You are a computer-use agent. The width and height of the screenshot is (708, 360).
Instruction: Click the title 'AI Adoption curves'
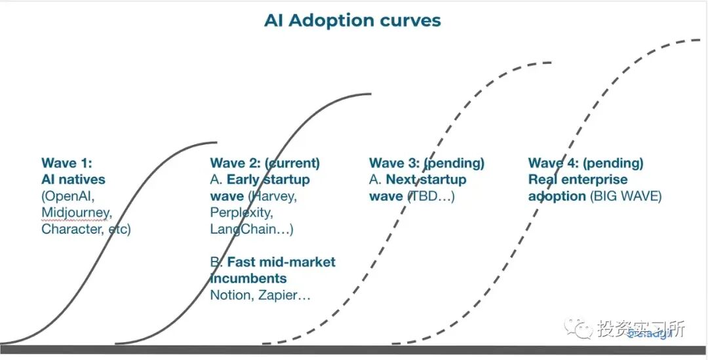352,20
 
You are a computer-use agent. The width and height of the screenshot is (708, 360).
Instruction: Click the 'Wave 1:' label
68,163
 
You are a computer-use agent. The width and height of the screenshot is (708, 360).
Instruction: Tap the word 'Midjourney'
77,212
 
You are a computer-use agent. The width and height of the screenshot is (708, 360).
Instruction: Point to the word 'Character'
71,229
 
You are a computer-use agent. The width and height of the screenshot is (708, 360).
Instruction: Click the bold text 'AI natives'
73,180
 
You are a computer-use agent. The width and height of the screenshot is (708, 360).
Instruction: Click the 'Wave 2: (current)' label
265,163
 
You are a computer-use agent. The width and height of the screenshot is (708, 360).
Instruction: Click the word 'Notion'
229,295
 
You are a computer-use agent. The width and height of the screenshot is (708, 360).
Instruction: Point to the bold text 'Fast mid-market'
281,262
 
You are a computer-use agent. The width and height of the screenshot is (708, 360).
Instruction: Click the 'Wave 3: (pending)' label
427,163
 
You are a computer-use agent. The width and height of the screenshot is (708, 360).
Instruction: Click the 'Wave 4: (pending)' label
585,163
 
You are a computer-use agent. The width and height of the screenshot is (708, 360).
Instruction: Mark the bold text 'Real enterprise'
578,180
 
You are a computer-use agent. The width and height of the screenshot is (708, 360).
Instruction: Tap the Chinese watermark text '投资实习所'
640,329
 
